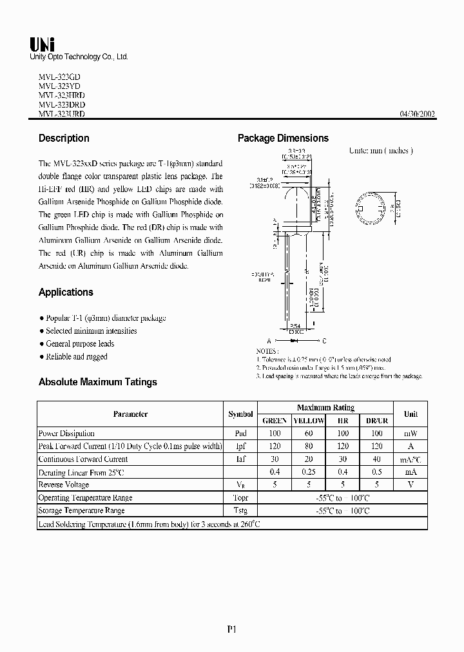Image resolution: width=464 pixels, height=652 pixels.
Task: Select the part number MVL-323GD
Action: (59, 77)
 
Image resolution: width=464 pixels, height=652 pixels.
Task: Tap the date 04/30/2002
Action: (418, 114)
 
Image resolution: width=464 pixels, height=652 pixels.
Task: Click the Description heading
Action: (64, 138)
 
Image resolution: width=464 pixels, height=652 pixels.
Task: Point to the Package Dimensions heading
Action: (283, 138)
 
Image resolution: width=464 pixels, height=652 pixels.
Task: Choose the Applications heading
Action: (66, 292)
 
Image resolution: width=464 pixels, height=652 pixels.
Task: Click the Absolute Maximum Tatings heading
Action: (97, 382)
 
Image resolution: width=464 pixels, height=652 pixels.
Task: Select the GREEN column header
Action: (275, 421)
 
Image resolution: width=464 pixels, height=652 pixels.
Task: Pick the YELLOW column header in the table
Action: (309, 421)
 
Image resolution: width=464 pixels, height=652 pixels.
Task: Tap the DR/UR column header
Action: (377, 421)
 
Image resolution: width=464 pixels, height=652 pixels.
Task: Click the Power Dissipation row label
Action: (66, 434)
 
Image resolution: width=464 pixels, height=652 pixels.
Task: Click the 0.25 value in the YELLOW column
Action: (309, 472)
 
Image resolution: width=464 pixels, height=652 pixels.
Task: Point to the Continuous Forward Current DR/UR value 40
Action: (377, 459)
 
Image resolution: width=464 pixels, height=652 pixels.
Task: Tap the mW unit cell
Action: (411, 434)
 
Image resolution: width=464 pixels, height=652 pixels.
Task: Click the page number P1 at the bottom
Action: (232, 630)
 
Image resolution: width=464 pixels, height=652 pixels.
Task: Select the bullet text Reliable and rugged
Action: (77, 356)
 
